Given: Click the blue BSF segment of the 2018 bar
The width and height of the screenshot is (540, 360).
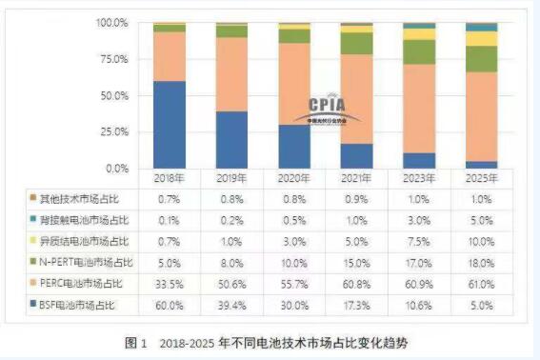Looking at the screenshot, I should point(170,125).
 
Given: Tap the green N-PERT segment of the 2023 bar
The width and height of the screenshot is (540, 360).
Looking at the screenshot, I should point(419,51).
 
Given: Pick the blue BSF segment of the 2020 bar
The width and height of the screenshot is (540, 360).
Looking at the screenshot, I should point(294,147).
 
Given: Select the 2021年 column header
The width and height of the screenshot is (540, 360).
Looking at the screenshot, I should point(356,178).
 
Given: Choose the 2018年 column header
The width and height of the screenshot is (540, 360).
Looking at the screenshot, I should point(170,178).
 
